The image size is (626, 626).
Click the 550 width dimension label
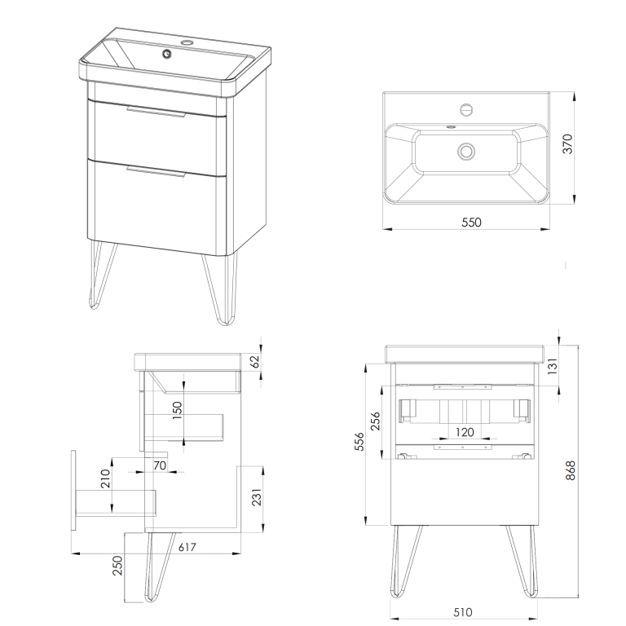click(x=471, y=223)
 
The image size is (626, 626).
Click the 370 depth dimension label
click(x=567, y=144)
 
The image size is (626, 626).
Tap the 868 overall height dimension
click(x=571, y=470)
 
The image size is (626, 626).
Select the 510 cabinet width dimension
click(x=463, y=612)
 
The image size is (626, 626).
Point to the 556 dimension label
click(x=359, y=441)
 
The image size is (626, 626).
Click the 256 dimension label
click(x=376, y=421)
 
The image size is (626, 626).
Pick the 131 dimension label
click(x=552, y=367)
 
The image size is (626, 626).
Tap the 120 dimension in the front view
click(x=465, y=432)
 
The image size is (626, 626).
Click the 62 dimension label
click(x=254, y=361)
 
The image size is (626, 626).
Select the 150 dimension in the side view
click(x=177, y=410)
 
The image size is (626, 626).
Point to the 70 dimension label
click(x=160, y=465)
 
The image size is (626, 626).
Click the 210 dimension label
click(x=104, y=478)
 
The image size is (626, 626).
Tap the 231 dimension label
click(x=257, y=497)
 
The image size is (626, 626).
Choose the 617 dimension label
click(x=187, y=547)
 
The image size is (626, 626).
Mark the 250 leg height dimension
click(x=117, y=566)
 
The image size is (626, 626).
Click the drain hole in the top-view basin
click(x=465, y=152)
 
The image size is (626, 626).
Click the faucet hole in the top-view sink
click(x=466, y=109)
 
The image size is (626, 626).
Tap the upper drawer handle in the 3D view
click(x=156, y=112)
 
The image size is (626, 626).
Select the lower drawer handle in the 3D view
click(x=156, y=172)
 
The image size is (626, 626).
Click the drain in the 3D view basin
click(x=166, y=53)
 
